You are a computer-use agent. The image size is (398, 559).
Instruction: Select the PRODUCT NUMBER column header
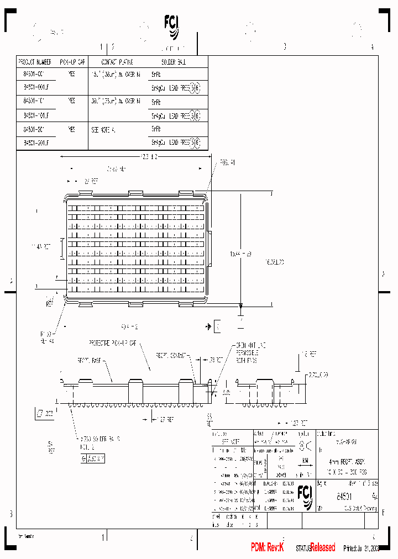click(x=35, y=62)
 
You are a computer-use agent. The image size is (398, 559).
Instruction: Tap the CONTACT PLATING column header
click(x=117, y=62)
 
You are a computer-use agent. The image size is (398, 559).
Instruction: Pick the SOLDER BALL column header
click(x=174, y=62)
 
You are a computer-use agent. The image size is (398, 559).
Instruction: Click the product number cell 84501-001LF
click(x=36, y=87)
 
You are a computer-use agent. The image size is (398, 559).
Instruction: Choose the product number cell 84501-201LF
click(x=36, y=143)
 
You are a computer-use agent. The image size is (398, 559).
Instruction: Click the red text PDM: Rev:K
click(x=267, y=547)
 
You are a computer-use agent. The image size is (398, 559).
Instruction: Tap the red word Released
click(x=322, y=547)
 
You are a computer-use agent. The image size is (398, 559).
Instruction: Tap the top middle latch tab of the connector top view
click(x=136, y=193)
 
